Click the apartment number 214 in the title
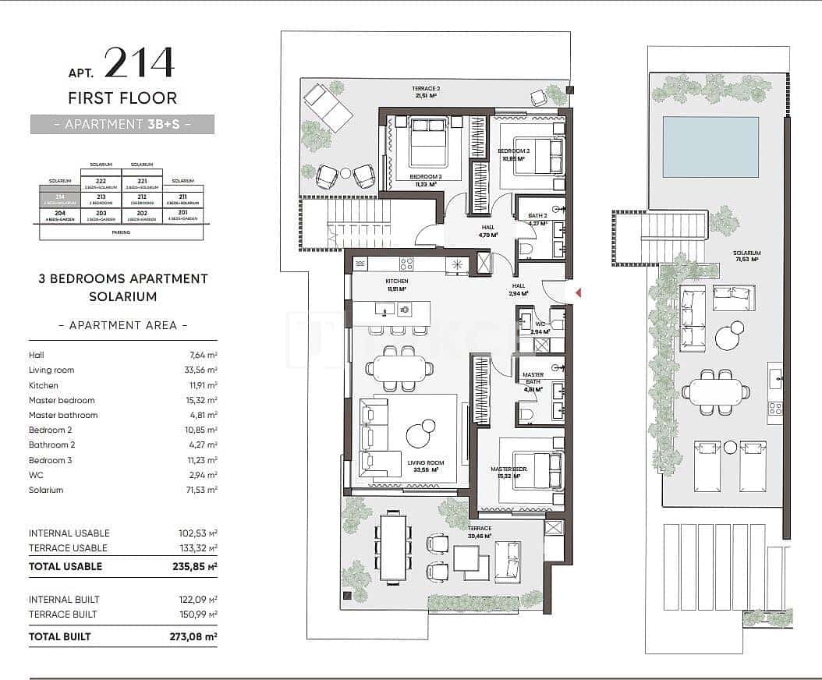139,63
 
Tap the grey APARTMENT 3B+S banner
122,124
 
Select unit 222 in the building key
101,181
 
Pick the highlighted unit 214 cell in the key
60,198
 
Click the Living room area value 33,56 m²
200,370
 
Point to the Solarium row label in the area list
46,490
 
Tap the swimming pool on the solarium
710,147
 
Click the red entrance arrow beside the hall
578,292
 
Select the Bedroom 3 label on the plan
425,178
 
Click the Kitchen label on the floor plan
397,282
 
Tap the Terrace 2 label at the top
426,89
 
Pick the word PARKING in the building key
121,232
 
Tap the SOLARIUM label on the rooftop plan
746,253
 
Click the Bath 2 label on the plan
537,216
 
